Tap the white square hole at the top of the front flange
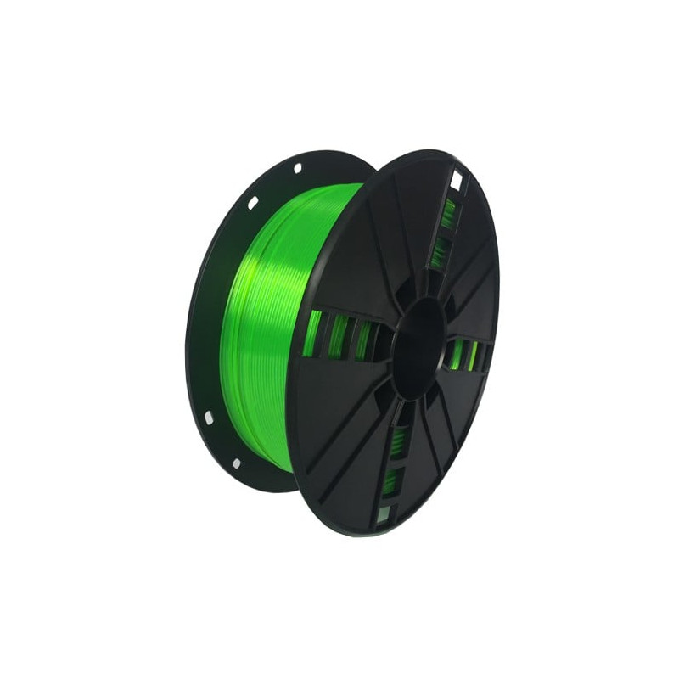coord(456,180)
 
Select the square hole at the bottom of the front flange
coord(384,512)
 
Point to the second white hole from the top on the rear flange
coord(252,203)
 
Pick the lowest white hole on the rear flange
coord(236,463)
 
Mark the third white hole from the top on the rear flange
coord(209,418)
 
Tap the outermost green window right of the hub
coord(474,356)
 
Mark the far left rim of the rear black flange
coord(188,331)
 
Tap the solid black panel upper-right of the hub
coord(475,280)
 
